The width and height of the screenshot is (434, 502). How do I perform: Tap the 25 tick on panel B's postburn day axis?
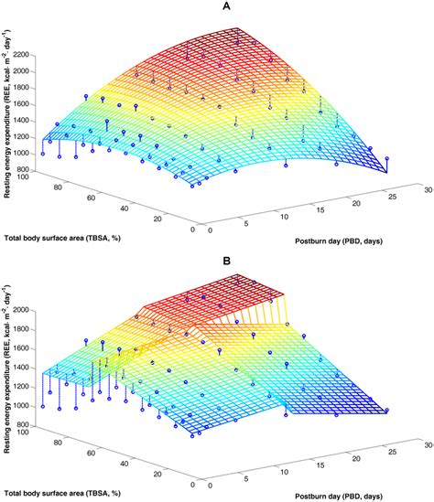click(384, 451)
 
